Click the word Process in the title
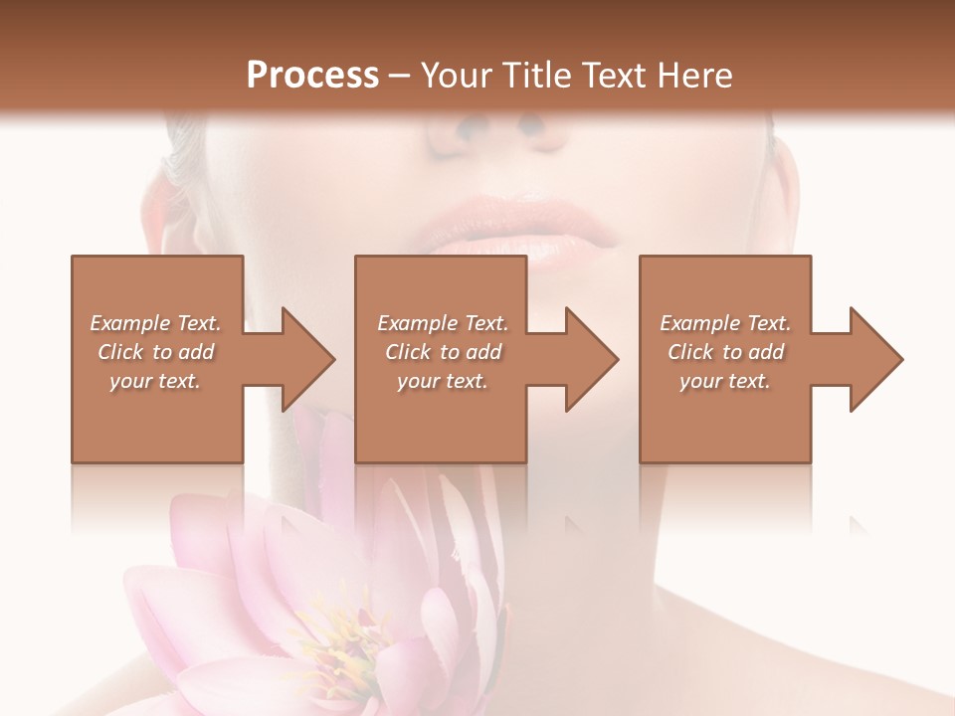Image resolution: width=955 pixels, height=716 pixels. point(312,76)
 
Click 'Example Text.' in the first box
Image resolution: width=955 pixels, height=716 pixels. point(155,323)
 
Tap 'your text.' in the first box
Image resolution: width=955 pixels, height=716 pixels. point(155,381)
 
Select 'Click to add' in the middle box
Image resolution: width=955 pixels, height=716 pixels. point(443,352)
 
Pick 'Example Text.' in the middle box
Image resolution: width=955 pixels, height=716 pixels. point(443,323)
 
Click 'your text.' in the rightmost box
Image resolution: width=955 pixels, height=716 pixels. point(725,381)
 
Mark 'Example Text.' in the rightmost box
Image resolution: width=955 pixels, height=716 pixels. point(725,323)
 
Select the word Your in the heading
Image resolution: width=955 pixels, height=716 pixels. point(457,76)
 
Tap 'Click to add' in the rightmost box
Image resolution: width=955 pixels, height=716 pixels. point(725,352)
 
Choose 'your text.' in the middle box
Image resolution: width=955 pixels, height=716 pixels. point(443,381)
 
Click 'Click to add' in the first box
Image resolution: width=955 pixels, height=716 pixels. point(155,352)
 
